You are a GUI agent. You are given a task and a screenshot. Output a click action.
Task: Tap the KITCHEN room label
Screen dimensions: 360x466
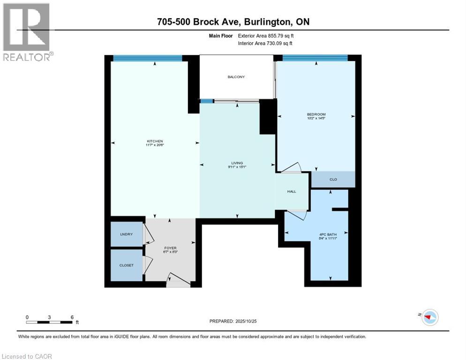154,141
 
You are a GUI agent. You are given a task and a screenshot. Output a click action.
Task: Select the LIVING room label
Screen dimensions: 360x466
237,163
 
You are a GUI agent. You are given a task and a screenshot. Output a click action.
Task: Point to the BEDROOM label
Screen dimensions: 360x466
316,115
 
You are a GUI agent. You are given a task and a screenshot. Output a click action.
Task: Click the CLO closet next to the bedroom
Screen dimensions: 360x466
333,179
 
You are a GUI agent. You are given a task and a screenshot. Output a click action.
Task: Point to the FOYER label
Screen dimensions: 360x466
170,248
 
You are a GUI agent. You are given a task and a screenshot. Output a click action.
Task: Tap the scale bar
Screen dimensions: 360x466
50,322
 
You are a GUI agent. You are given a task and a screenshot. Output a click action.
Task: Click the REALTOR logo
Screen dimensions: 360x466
27,32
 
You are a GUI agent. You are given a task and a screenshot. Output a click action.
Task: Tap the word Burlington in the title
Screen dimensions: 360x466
262,22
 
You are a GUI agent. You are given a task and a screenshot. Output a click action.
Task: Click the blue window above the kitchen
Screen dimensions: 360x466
148,58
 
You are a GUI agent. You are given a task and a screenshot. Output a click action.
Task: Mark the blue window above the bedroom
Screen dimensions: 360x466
315,58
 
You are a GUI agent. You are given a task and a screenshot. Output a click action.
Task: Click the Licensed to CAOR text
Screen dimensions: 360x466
27,356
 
